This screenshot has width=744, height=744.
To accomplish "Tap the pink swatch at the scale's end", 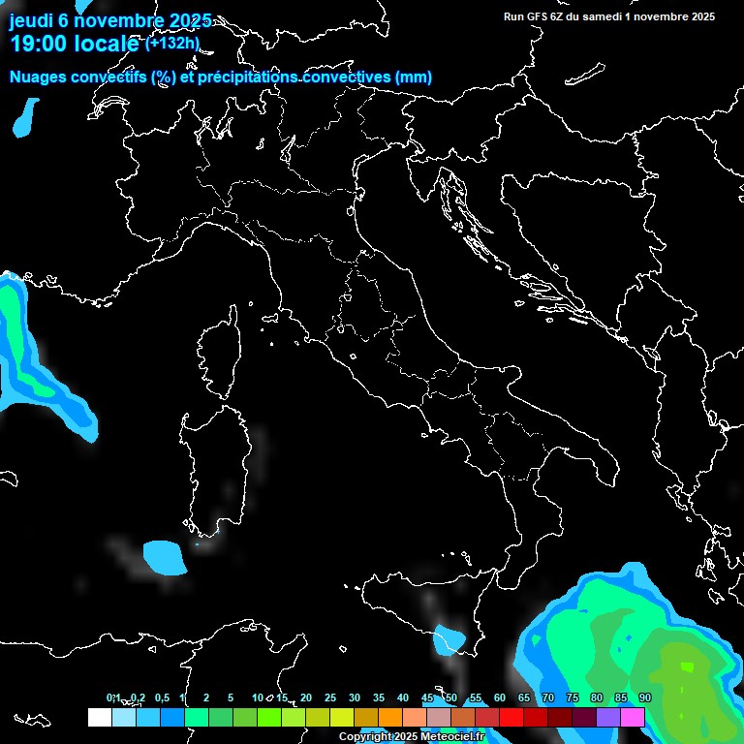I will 633,717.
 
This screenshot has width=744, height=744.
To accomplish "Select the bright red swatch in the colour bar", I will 511,717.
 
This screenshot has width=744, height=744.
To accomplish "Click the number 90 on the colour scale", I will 645,697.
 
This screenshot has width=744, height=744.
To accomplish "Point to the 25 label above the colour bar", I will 330,697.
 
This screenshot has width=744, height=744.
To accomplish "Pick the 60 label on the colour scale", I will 500,697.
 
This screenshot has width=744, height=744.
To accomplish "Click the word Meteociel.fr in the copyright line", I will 452,737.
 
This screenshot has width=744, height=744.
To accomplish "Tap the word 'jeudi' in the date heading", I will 33,21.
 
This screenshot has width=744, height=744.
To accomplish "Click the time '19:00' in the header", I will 41,44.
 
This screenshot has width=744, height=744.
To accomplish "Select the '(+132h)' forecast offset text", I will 172,43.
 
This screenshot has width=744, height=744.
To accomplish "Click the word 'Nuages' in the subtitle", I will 39,77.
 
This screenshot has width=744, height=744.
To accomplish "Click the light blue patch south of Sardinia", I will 165,556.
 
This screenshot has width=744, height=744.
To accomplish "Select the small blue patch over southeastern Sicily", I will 450,639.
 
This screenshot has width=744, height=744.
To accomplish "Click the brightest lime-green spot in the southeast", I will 687,667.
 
